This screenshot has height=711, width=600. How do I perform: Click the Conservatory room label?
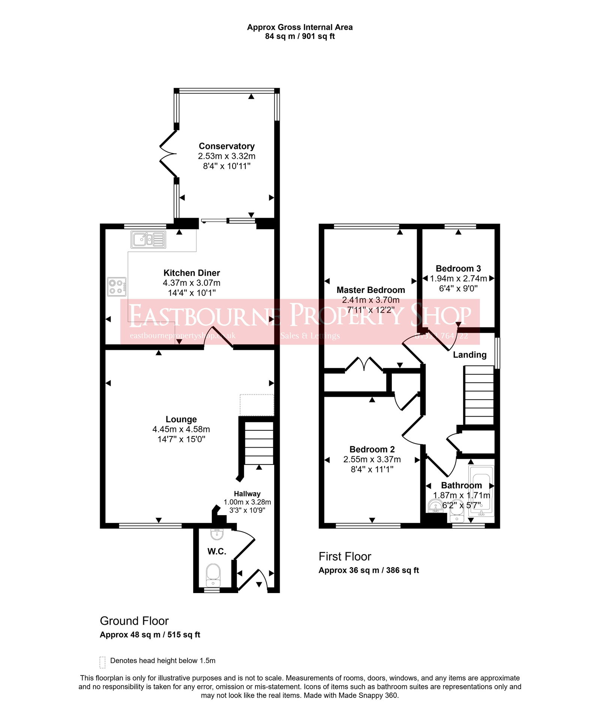(x=226, y=146)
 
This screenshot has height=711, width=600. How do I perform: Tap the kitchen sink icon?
(x=148, y=239)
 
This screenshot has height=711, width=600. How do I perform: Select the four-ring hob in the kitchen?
(x=117, y=287)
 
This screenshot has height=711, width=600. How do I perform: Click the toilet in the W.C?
(x=213, y=575)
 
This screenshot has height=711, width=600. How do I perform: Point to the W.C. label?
(x=217, y=551)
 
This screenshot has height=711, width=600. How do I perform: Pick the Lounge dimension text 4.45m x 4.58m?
(x=181, y=429)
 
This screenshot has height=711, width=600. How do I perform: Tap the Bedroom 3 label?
(x=458, y=269)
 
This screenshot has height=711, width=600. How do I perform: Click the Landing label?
(x=469, y=355)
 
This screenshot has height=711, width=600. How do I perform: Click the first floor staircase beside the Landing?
(x=479, y=395)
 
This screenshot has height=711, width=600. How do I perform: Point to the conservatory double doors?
(x=168, y=154)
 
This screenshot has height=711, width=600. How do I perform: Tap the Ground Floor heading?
(x=134, y=621)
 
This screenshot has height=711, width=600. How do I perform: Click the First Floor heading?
(x=345, y=556)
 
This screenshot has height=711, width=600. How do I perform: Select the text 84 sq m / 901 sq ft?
(x=300, y=36)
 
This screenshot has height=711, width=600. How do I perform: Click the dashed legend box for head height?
(x=102, y=662)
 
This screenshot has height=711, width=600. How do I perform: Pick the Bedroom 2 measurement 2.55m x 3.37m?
(x=372, y=459)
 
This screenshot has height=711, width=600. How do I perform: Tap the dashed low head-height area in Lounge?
(x=257, y=405)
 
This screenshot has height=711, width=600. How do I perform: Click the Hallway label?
(x=247, y=494)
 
